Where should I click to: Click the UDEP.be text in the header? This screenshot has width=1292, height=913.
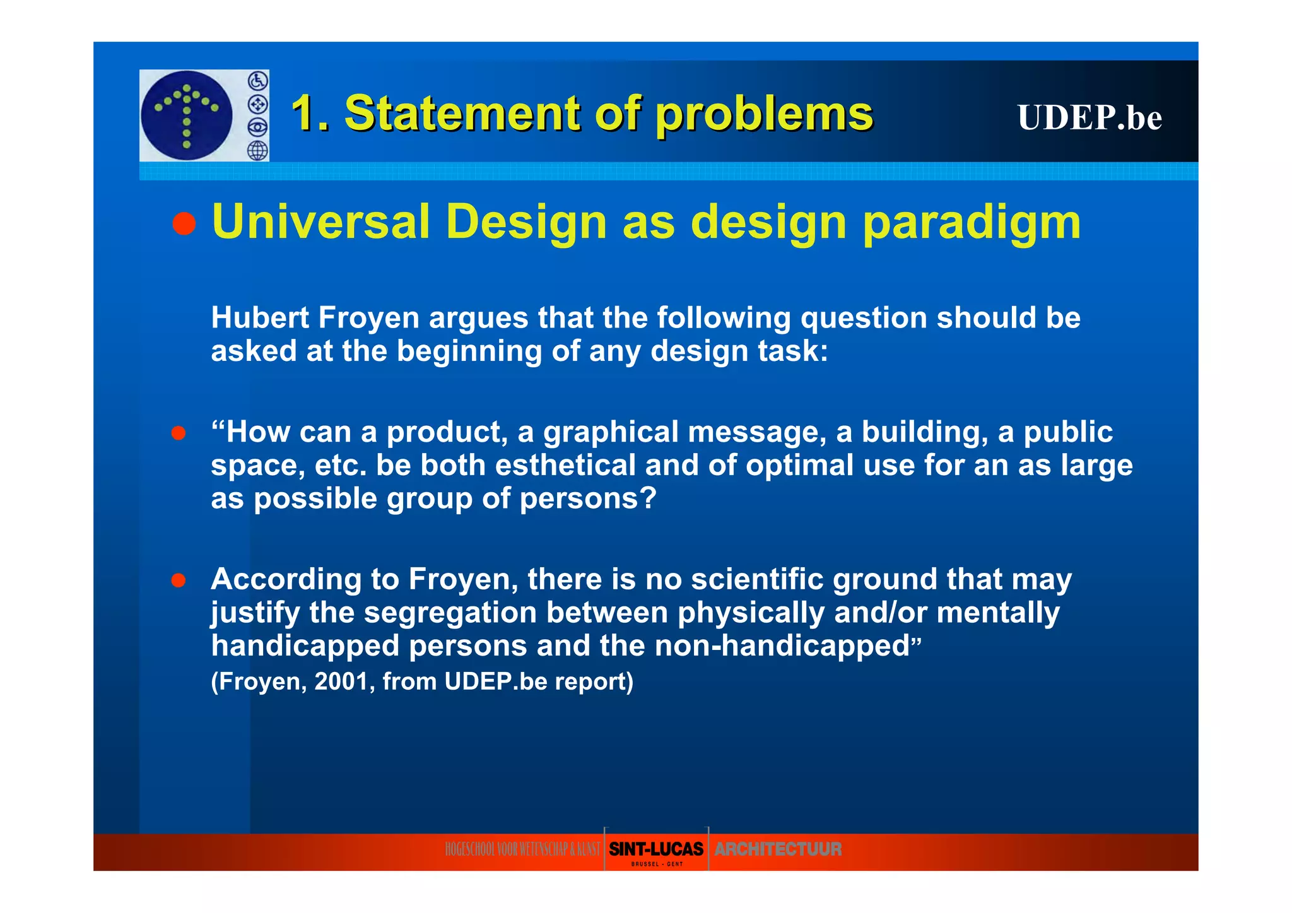tap(1089, 117)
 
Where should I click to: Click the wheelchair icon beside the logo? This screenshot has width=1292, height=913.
tap(257, 81)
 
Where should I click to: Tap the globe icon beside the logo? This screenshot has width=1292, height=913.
tap(257, 151)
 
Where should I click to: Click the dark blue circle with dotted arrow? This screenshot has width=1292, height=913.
tap(187, 115)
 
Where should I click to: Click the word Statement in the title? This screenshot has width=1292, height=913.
tap(462, 114)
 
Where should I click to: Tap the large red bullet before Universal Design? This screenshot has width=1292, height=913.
tap(184, 223)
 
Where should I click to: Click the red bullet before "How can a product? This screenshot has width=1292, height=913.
tap(179, 433)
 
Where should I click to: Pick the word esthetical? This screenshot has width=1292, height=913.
tap(565, 466)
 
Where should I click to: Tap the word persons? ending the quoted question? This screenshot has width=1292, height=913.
tap(588, 498)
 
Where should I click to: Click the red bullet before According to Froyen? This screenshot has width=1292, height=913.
tap(179, 580)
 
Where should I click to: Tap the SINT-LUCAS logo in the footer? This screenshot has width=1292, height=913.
tap(656, 849)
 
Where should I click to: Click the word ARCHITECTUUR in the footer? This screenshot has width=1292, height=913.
tap(778, 849)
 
